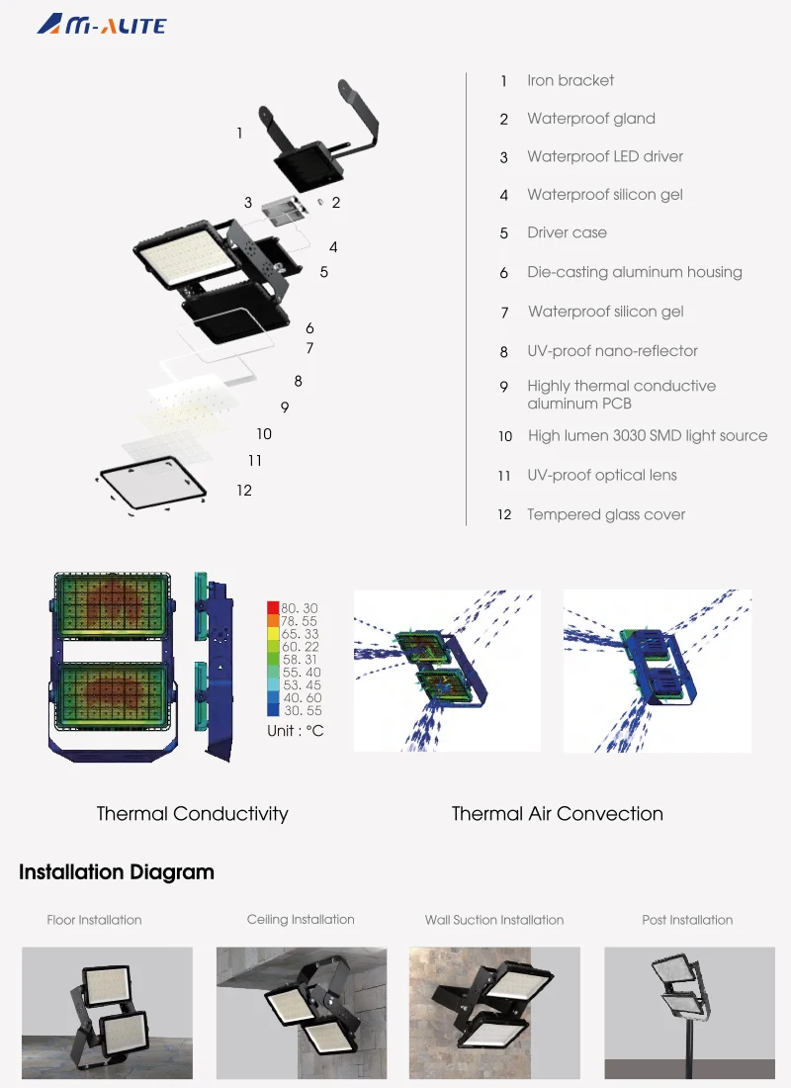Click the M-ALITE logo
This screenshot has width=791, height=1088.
[x=101, y=25]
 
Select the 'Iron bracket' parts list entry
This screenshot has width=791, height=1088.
[x=570, y=80]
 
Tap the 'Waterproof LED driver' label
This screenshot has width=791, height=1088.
[x=604, y=156]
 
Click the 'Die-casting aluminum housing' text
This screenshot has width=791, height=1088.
[x=634, y=272]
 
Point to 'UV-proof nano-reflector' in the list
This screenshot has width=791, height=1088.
[x=612, y=351]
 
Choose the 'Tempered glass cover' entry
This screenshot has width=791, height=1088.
[x=605, y=514]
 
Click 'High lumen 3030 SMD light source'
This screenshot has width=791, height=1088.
[x=647, y=435]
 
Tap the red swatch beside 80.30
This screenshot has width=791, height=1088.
[x=273, y=607]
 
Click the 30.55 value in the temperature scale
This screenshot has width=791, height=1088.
[x=302, y=710]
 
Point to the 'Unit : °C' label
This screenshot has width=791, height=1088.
[x=295, y=731]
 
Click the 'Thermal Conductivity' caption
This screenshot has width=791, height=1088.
[x=192, y=814]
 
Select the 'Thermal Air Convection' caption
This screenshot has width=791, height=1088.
[x=557, y=814]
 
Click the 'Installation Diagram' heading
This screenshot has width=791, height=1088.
[x=117, y=872]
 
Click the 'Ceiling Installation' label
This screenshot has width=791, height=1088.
[x=301, y=920]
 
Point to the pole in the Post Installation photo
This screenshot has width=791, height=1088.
[x=683, y=1048]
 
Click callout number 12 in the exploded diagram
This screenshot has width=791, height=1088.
[x=244, y=490]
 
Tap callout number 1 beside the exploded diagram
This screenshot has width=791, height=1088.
[x=239, y=133]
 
